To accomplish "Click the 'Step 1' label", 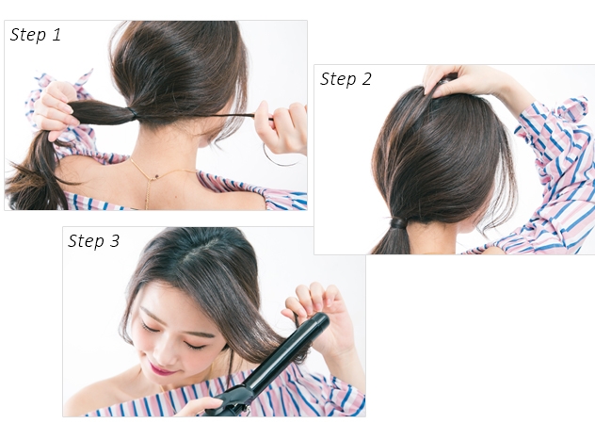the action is click(x=35, y=34).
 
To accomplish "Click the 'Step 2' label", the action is click(x=346, y=79).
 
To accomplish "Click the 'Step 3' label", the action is click(x=93, y=240).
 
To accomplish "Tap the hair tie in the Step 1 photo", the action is click(x=133, y=113).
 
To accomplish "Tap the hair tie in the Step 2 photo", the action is click(x=398, y=222).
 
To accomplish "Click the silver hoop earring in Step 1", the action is click(x=280, y=163).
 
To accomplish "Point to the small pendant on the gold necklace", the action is click(x=155, y=176).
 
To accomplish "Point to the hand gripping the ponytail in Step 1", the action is click(x=55, y=110).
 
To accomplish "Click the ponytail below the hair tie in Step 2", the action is click(x=391, y=241).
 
